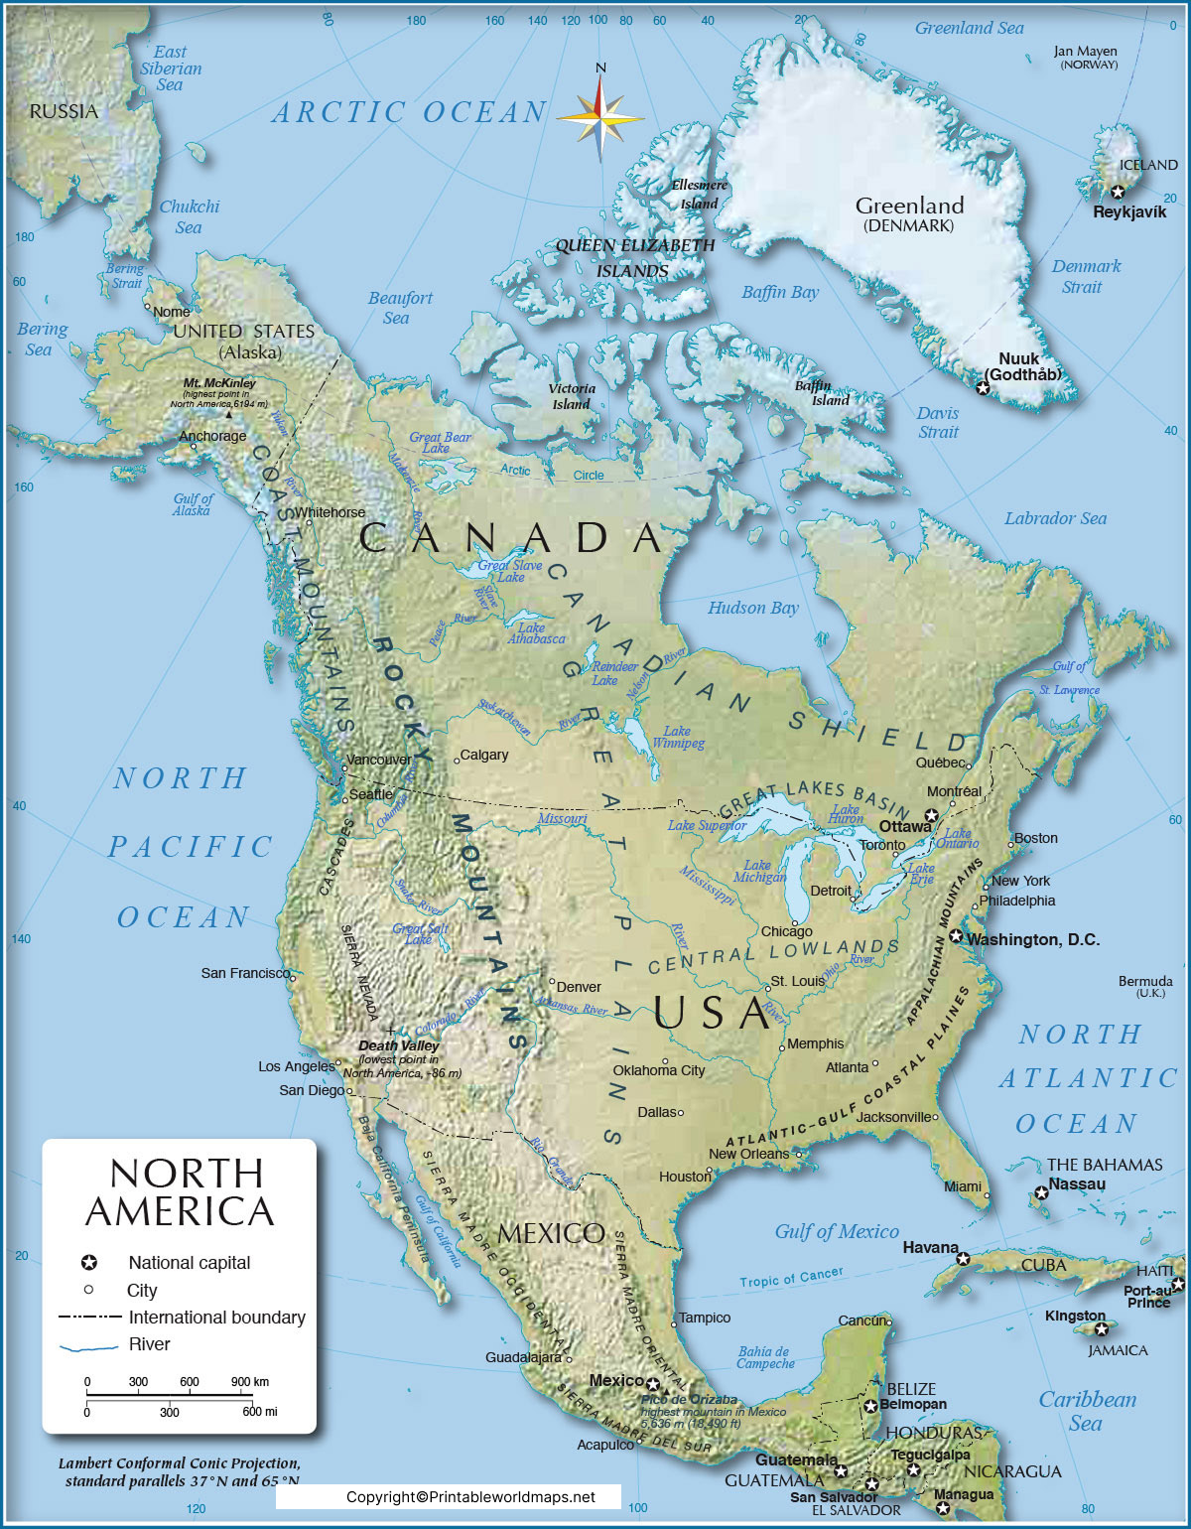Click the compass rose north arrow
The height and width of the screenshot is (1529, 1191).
[x=600, y=89]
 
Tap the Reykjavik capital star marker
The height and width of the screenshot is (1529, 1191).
[x=1118, y=193]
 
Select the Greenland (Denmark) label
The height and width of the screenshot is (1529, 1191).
[x=909, y=213]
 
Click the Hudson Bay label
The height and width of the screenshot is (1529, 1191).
[x=752, y=608]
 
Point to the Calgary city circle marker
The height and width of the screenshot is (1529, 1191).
[x=457, y=761]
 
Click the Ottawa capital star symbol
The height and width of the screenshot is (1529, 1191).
[x=931, y=815]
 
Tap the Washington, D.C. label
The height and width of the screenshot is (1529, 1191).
[x=1033, y=939]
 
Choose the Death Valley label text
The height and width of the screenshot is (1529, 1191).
[x=398, y=1045]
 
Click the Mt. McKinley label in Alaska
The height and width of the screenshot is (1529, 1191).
[x=219, y=382]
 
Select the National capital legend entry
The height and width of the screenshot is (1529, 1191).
[x=189, y=1263]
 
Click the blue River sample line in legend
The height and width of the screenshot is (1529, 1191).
[x=88, y=1347]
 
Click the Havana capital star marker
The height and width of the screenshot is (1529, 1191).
[x=963, y=1259]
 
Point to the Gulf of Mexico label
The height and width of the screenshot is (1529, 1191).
[x=836, y=1232]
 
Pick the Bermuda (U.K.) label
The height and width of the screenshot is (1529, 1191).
[x=1145, y=986]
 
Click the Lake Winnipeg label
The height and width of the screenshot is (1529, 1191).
[x=678, y=737]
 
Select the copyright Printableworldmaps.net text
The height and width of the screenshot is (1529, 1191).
[x=471, y=1497]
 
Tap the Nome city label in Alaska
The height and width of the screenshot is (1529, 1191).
[x=171, y=312]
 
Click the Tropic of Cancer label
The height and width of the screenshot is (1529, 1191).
[x=791, y=1277]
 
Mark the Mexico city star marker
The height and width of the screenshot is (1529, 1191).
[x=653, y=1383]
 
